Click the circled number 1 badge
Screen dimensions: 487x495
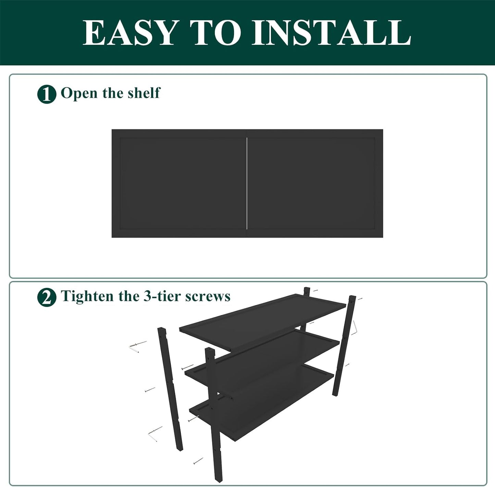[x=47, y=94]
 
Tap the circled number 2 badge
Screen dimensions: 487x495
[x=47, y=297]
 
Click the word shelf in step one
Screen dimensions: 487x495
[x=144, y=93]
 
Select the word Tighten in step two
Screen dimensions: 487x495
[x=87, y=296]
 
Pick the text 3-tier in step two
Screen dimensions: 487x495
[x=162, y=296]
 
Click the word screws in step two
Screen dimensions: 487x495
[x=208, y=296]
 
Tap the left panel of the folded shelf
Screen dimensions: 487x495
[x=179, y=183]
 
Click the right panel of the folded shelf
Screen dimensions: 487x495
[x=314, y=183]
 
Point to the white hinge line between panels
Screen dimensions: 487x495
[x=247, y=183]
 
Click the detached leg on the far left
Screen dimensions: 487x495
[x=170, y=389]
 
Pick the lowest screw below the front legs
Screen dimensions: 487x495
[x=198, y=461]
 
